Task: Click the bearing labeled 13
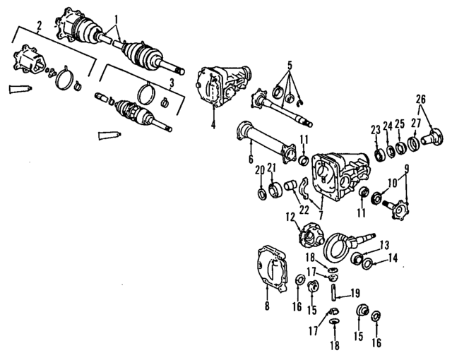point(355,256)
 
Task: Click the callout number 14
point(393,258)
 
